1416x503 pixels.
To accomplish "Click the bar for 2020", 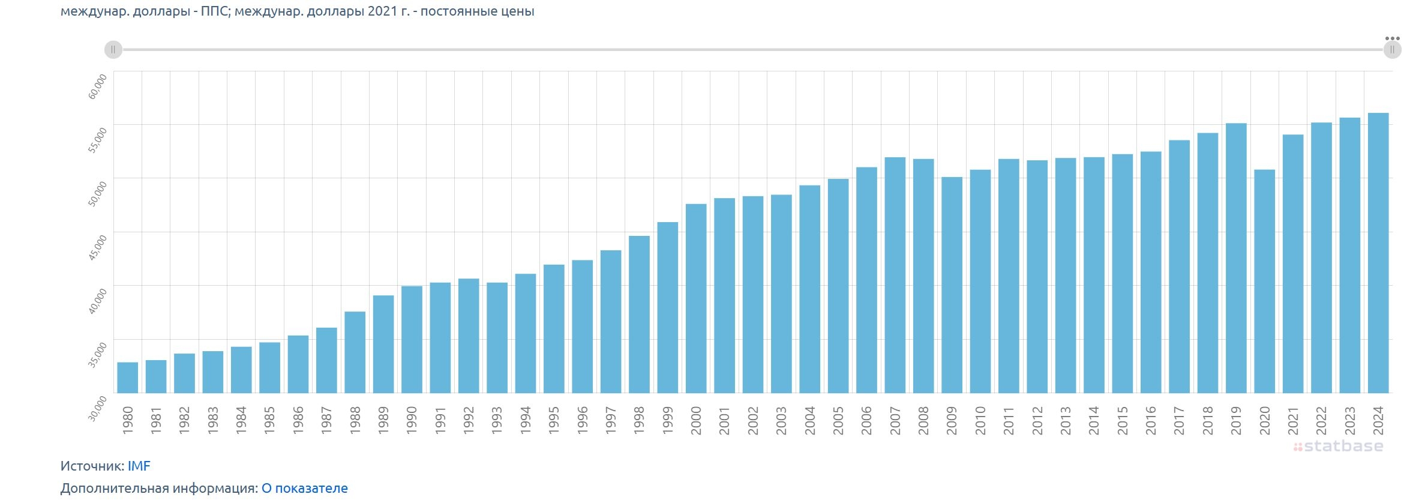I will [x=1264, y=282].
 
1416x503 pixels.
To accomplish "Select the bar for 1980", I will [x=128, y=378].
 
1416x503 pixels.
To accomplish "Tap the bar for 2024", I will [x=1378, y=253].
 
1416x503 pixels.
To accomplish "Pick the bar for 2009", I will [x=952, y=285].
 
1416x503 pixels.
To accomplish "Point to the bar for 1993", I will [x=497, y=338].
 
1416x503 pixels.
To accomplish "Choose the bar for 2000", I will [x=696, y=299].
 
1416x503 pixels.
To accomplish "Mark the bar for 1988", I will [x=355, y=352].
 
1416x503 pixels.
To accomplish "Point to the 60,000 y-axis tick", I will [x=98, y=86].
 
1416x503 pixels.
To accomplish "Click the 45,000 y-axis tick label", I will [x=98, y=247].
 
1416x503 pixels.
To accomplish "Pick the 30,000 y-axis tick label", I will [x=98, y=408].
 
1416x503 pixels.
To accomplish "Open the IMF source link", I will [x=139, y=466].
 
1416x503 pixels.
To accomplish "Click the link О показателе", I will [x=304, y=488].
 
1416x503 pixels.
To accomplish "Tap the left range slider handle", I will [x=113, y=50].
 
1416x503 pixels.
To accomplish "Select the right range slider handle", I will [x=1392, y=50].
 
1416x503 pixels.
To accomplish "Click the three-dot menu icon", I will [x=1392, y=38].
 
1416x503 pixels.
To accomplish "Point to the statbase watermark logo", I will [x=1338, y=446].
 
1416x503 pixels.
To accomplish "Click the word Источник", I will [x=91, y=466].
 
